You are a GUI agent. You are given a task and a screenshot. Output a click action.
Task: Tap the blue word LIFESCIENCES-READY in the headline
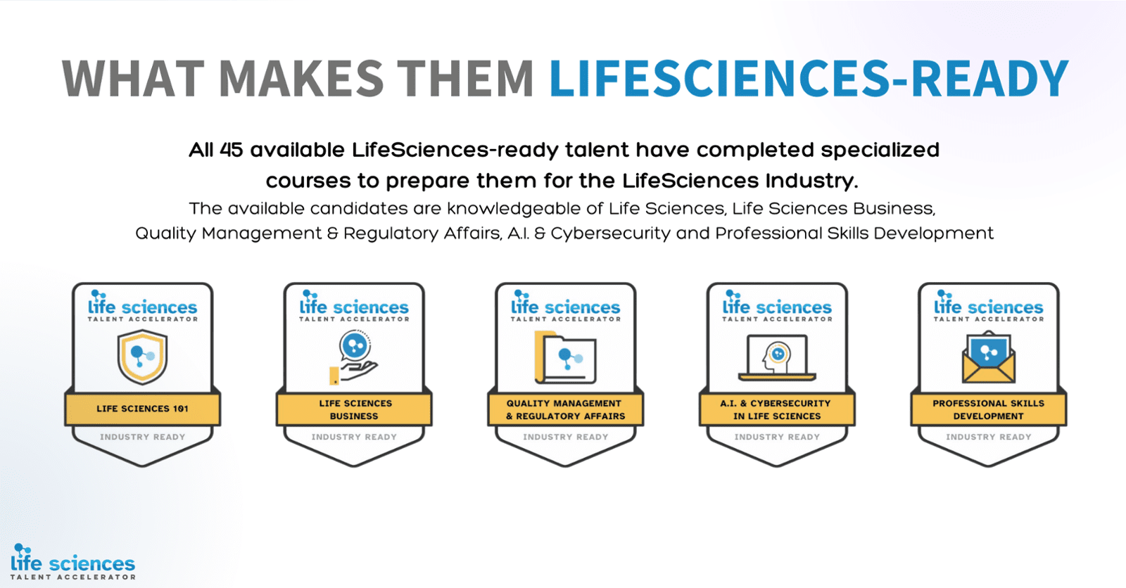click(x=809, y=78)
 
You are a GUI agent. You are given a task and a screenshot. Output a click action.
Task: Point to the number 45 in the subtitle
click(x=232, y=150)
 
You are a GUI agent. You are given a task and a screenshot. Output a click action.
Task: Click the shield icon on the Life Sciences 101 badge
click(x=143, y=357)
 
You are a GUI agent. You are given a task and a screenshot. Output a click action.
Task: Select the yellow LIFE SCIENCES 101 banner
click(x=143, y=409)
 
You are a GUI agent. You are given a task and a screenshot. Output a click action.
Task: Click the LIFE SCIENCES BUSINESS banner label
click(x=355, y=409)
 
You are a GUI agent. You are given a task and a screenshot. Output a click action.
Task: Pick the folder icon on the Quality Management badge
click(x=566, y=357)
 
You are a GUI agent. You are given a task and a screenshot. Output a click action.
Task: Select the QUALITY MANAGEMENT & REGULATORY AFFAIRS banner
click(x=566, y=409)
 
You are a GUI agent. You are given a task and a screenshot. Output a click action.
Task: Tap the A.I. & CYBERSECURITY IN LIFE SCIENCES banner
click(x=777, y=409)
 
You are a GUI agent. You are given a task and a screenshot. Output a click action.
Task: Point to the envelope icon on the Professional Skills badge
click(x=989, y=357)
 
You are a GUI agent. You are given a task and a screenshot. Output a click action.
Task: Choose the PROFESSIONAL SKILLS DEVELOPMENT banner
click(x=989, y=409)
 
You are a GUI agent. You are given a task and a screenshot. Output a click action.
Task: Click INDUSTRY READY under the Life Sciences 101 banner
click(x=143, y=437)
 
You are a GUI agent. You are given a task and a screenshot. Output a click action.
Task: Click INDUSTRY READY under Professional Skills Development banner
click(x=989, y=437)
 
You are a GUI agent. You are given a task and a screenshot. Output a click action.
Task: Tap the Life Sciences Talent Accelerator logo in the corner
click(x=73, y=562)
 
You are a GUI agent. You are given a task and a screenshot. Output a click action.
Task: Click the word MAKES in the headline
click(x=302, y=78)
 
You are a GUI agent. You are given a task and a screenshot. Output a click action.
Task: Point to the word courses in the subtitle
click(x=308, y=181)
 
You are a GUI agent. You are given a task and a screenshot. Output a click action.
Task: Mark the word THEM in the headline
click(x=465, y=78)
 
